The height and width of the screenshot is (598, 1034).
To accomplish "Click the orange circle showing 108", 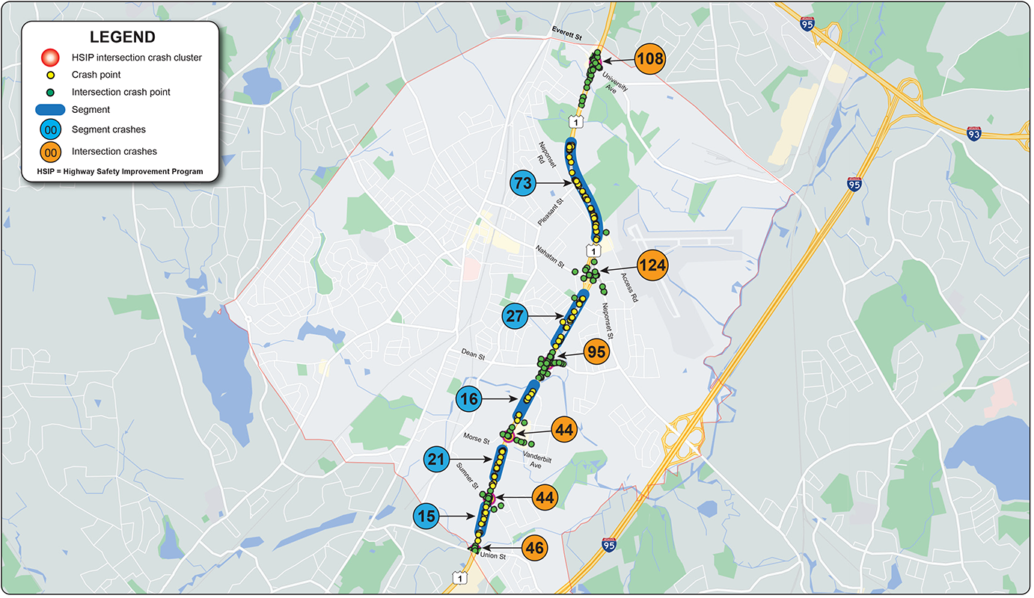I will point(650,59).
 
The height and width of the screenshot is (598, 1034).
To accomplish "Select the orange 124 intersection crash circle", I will point(652,265).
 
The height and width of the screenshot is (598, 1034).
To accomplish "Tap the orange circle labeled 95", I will point(596,352).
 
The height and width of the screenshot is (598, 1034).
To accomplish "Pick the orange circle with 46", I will point(535,548).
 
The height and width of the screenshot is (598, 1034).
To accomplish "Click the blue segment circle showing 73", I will point(524,182).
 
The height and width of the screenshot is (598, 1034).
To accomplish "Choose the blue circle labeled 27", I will point(515,316).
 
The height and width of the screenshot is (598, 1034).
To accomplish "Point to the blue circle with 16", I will point(469,399).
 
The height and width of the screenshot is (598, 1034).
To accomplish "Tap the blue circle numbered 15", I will point(426,516).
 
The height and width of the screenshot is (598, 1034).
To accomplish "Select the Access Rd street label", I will point(629,287).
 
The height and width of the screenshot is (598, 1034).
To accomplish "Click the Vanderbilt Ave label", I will point(531,460).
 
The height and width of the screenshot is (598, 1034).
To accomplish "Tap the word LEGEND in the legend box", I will point(123,37).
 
